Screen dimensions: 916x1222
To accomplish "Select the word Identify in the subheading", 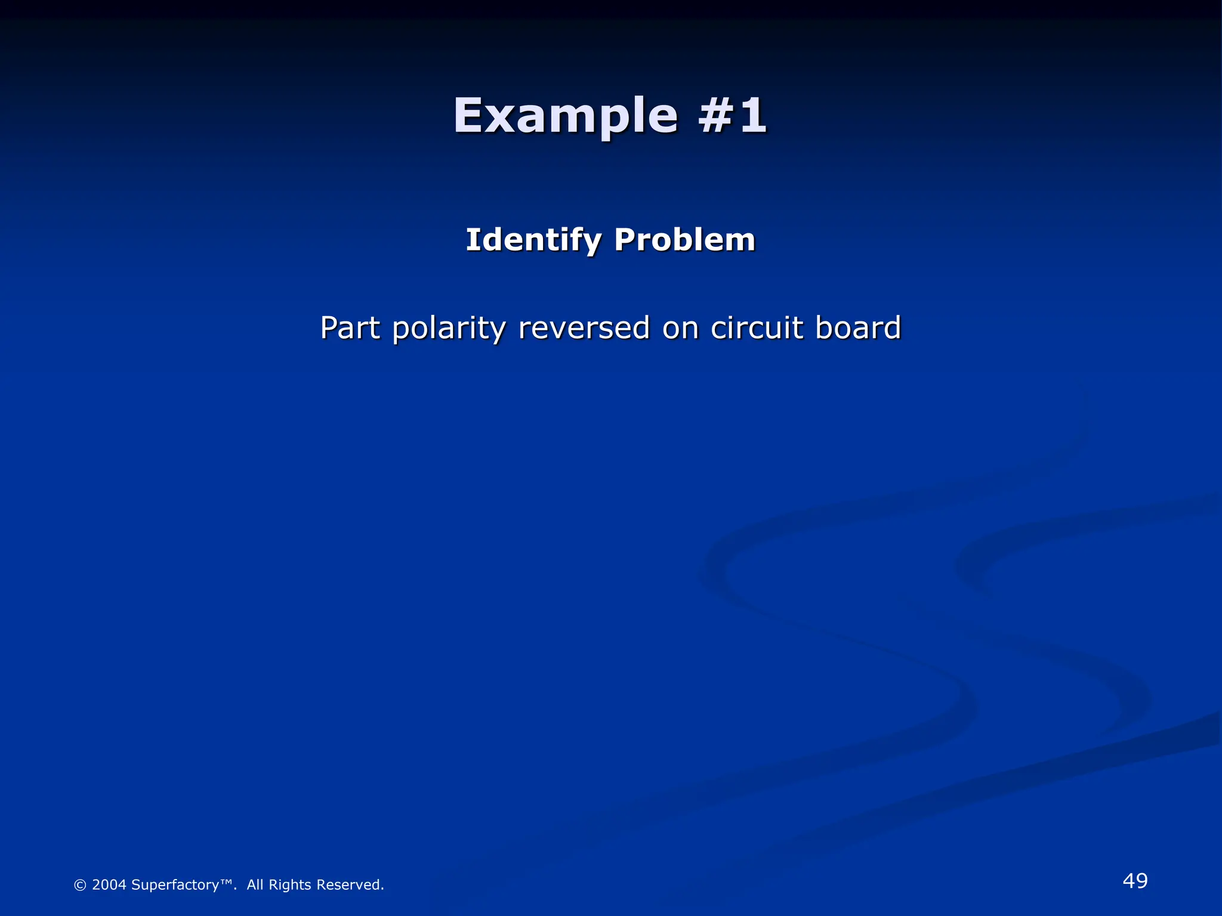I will tap(533, 240).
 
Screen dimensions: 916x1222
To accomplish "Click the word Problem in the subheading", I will tap(684, 240).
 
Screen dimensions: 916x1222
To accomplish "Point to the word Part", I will tap(350, 328).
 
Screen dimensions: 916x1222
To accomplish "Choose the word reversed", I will tap(584, 328).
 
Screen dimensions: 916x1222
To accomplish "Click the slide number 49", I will tap(1135, 881).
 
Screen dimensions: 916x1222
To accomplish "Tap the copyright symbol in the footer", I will tap(80, 885).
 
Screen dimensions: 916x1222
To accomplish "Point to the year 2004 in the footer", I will tap(109, 885).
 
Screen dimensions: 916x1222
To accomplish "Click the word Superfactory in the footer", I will tap(175, 885).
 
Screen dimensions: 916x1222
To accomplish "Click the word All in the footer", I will tap(255, 885).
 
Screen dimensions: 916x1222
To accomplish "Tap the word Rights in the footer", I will tap(289, 885).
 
